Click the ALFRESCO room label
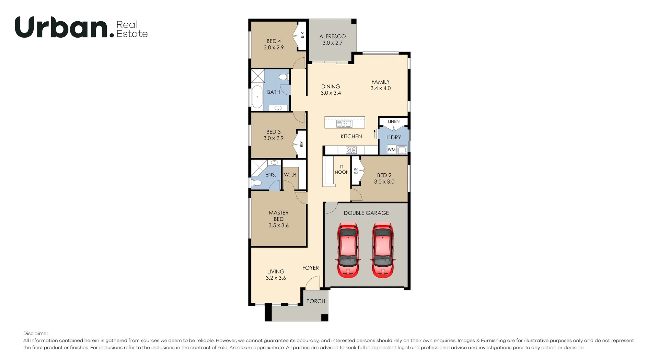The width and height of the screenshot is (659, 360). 332,36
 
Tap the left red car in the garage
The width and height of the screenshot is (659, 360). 348,250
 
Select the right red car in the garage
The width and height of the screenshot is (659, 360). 382,250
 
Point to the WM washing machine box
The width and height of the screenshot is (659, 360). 391,150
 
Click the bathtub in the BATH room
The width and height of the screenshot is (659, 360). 257,97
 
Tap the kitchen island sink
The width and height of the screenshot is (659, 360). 344,124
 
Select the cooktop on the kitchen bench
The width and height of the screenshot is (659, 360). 351,150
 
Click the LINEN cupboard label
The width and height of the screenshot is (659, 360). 393,121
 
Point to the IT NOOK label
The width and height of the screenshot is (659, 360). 342,170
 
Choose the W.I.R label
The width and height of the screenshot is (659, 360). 290,175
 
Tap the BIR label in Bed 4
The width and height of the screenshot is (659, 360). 302,35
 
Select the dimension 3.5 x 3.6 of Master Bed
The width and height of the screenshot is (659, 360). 278,225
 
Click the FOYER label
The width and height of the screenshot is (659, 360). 310,268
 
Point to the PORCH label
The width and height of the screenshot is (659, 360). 315,301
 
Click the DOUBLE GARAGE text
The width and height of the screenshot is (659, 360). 366,213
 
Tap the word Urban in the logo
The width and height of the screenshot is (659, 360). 62,27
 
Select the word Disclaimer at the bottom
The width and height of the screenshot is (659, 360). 36,333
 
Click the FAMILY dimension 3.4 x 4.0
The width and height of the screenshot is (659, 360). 380,88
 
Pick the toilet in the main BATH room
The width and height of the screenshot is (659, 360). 284,77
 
